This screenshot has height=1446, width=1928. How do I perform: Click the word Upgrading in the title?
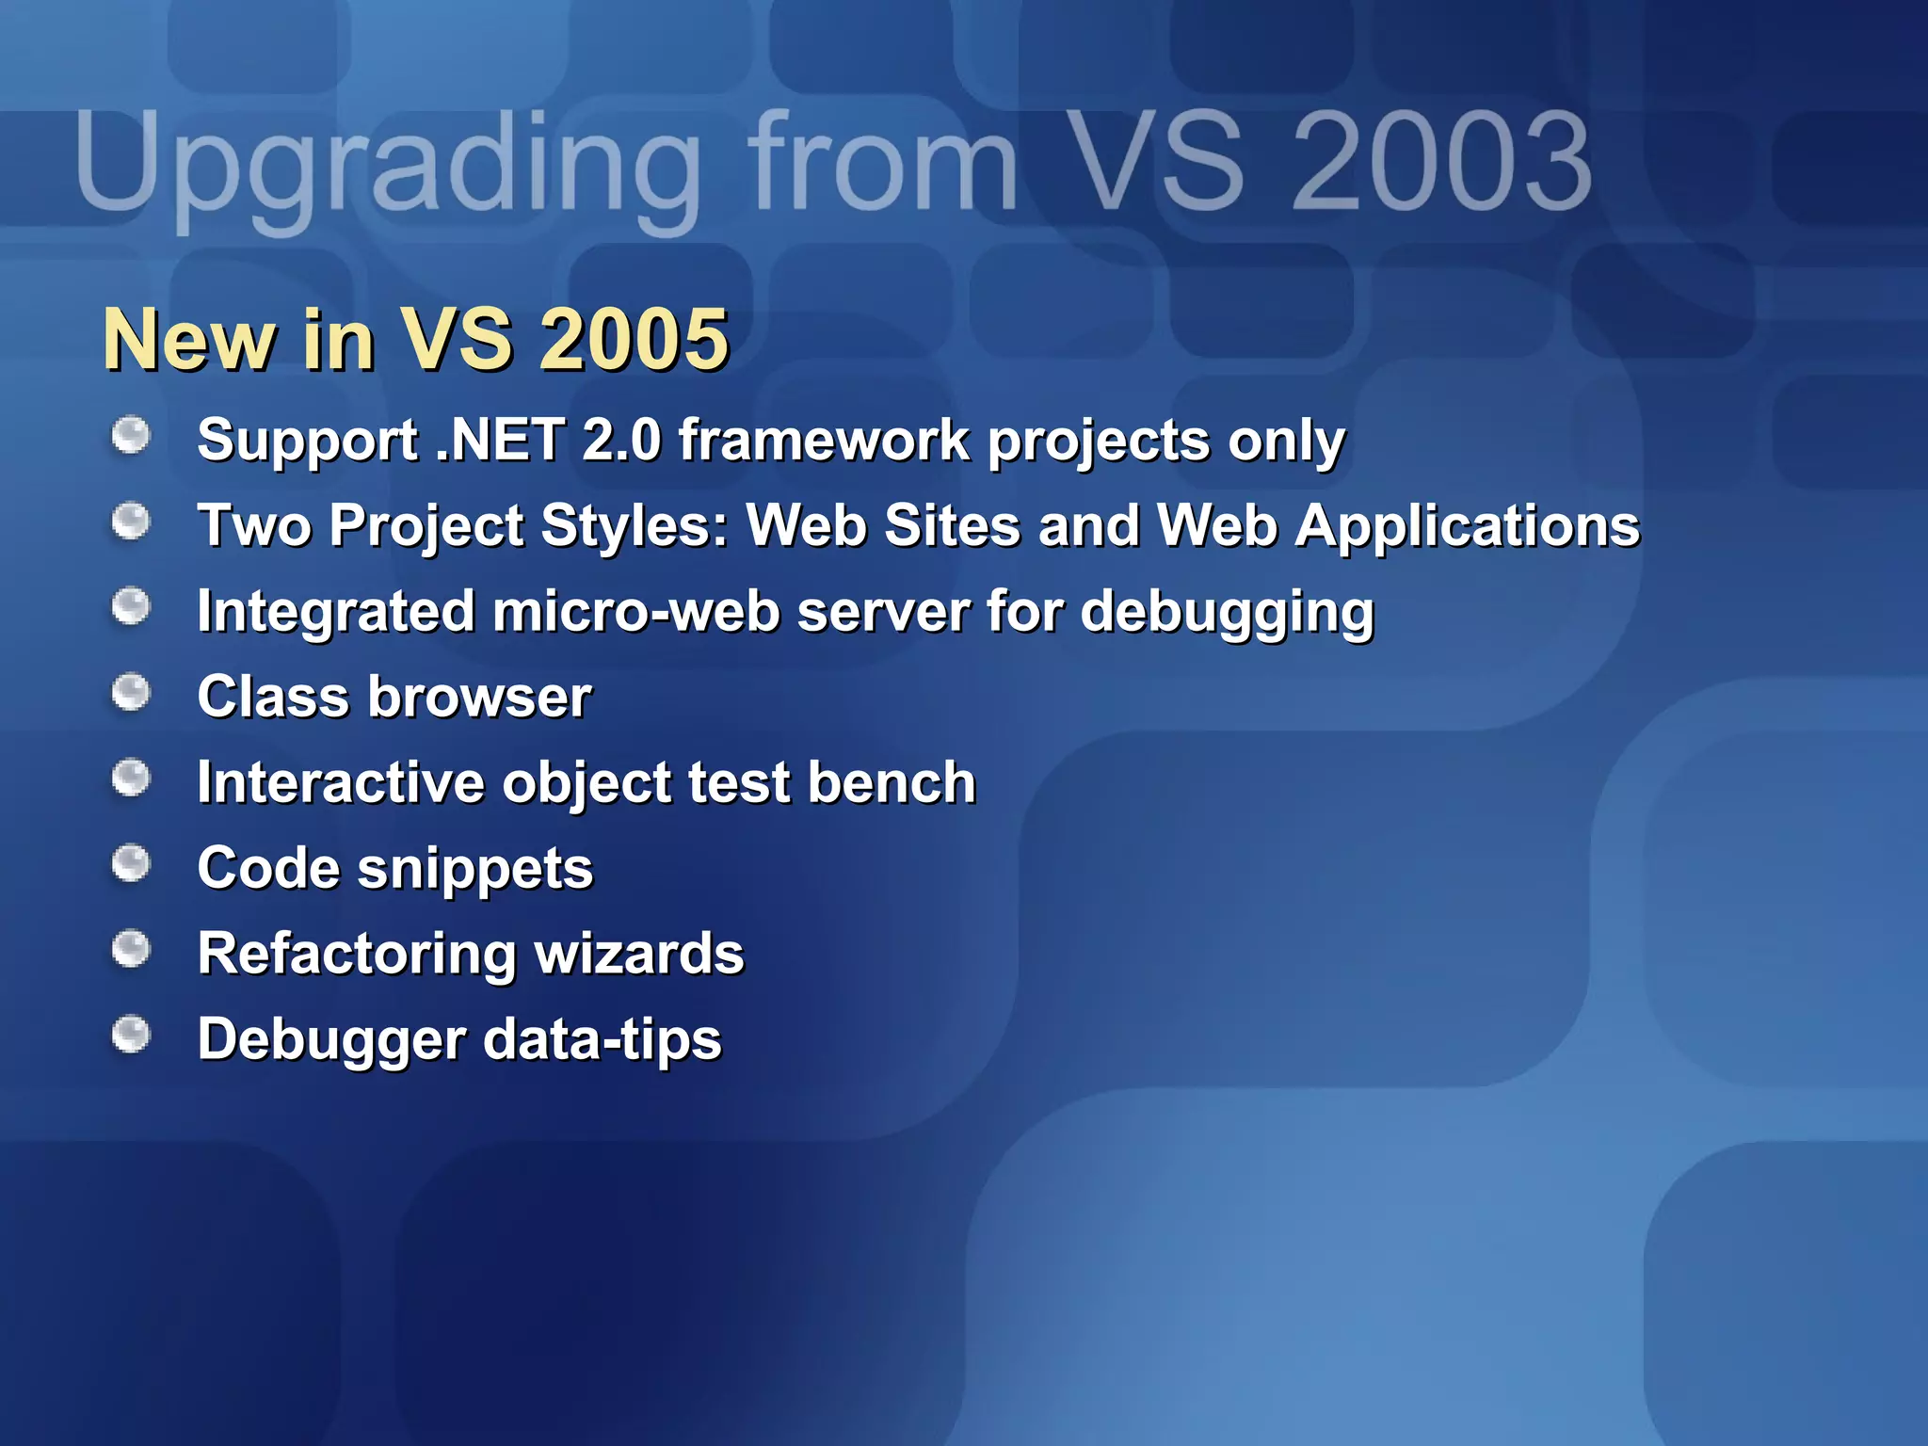pos(386,165)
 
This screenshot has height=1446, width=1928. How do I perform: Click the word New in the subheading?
pos(189,340)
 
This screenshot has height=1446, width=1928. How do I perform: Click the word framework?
pos(824,440)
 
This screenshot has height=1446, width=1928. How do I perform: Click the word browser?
pos(480,697)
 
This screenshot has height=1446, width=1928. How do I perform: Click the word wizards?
pos(639,954)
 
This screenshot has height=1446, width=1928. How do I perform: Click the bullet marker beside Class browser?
pos(131,693)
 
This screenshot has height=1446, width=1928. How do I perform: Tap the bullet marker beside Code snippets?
pos(131,864)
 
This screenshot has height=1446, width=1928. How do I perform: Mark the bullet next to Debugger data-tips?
pos(131,1035)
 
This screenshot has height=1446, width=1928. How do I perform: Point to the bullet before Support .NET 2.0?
pos(131,436)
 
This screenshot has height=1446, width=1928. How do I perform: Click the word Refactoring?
pos(356,955)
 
